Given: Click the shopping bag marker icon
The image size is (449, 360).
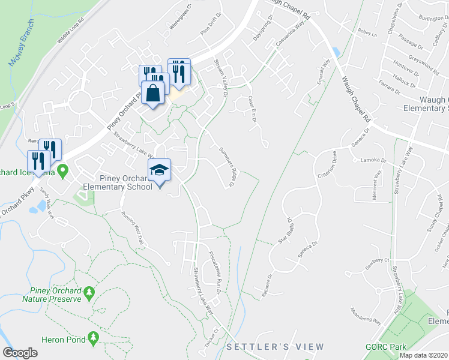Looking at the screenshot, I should pyautogui.click(x=153, y=94).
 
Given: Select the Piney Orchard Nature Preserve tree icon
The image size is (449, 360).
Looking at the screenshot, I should pyautogui.click(x=89, y=292).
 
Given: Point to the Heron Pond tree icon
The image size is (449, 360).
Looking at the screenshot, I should pyautogui.click(x=93, y=339).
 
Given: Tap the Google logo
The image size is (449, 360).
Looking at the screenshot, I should pyautogui.click(x=20, y=352).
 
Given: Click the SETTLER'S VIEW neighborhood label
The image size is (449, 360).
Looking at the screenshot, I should pyautogui.click(x=276, y=347).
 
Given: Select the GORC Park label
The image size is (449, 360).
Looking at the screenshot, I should pyautogui.click(x=386, y=347).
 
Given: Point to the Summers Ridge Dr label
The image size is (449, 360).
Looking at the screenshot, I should pyautogui.click(x=227, y=167).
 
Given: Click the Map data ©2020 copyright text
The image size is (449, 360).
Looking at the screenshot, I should pyautogui.click(x=423, y=355).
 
